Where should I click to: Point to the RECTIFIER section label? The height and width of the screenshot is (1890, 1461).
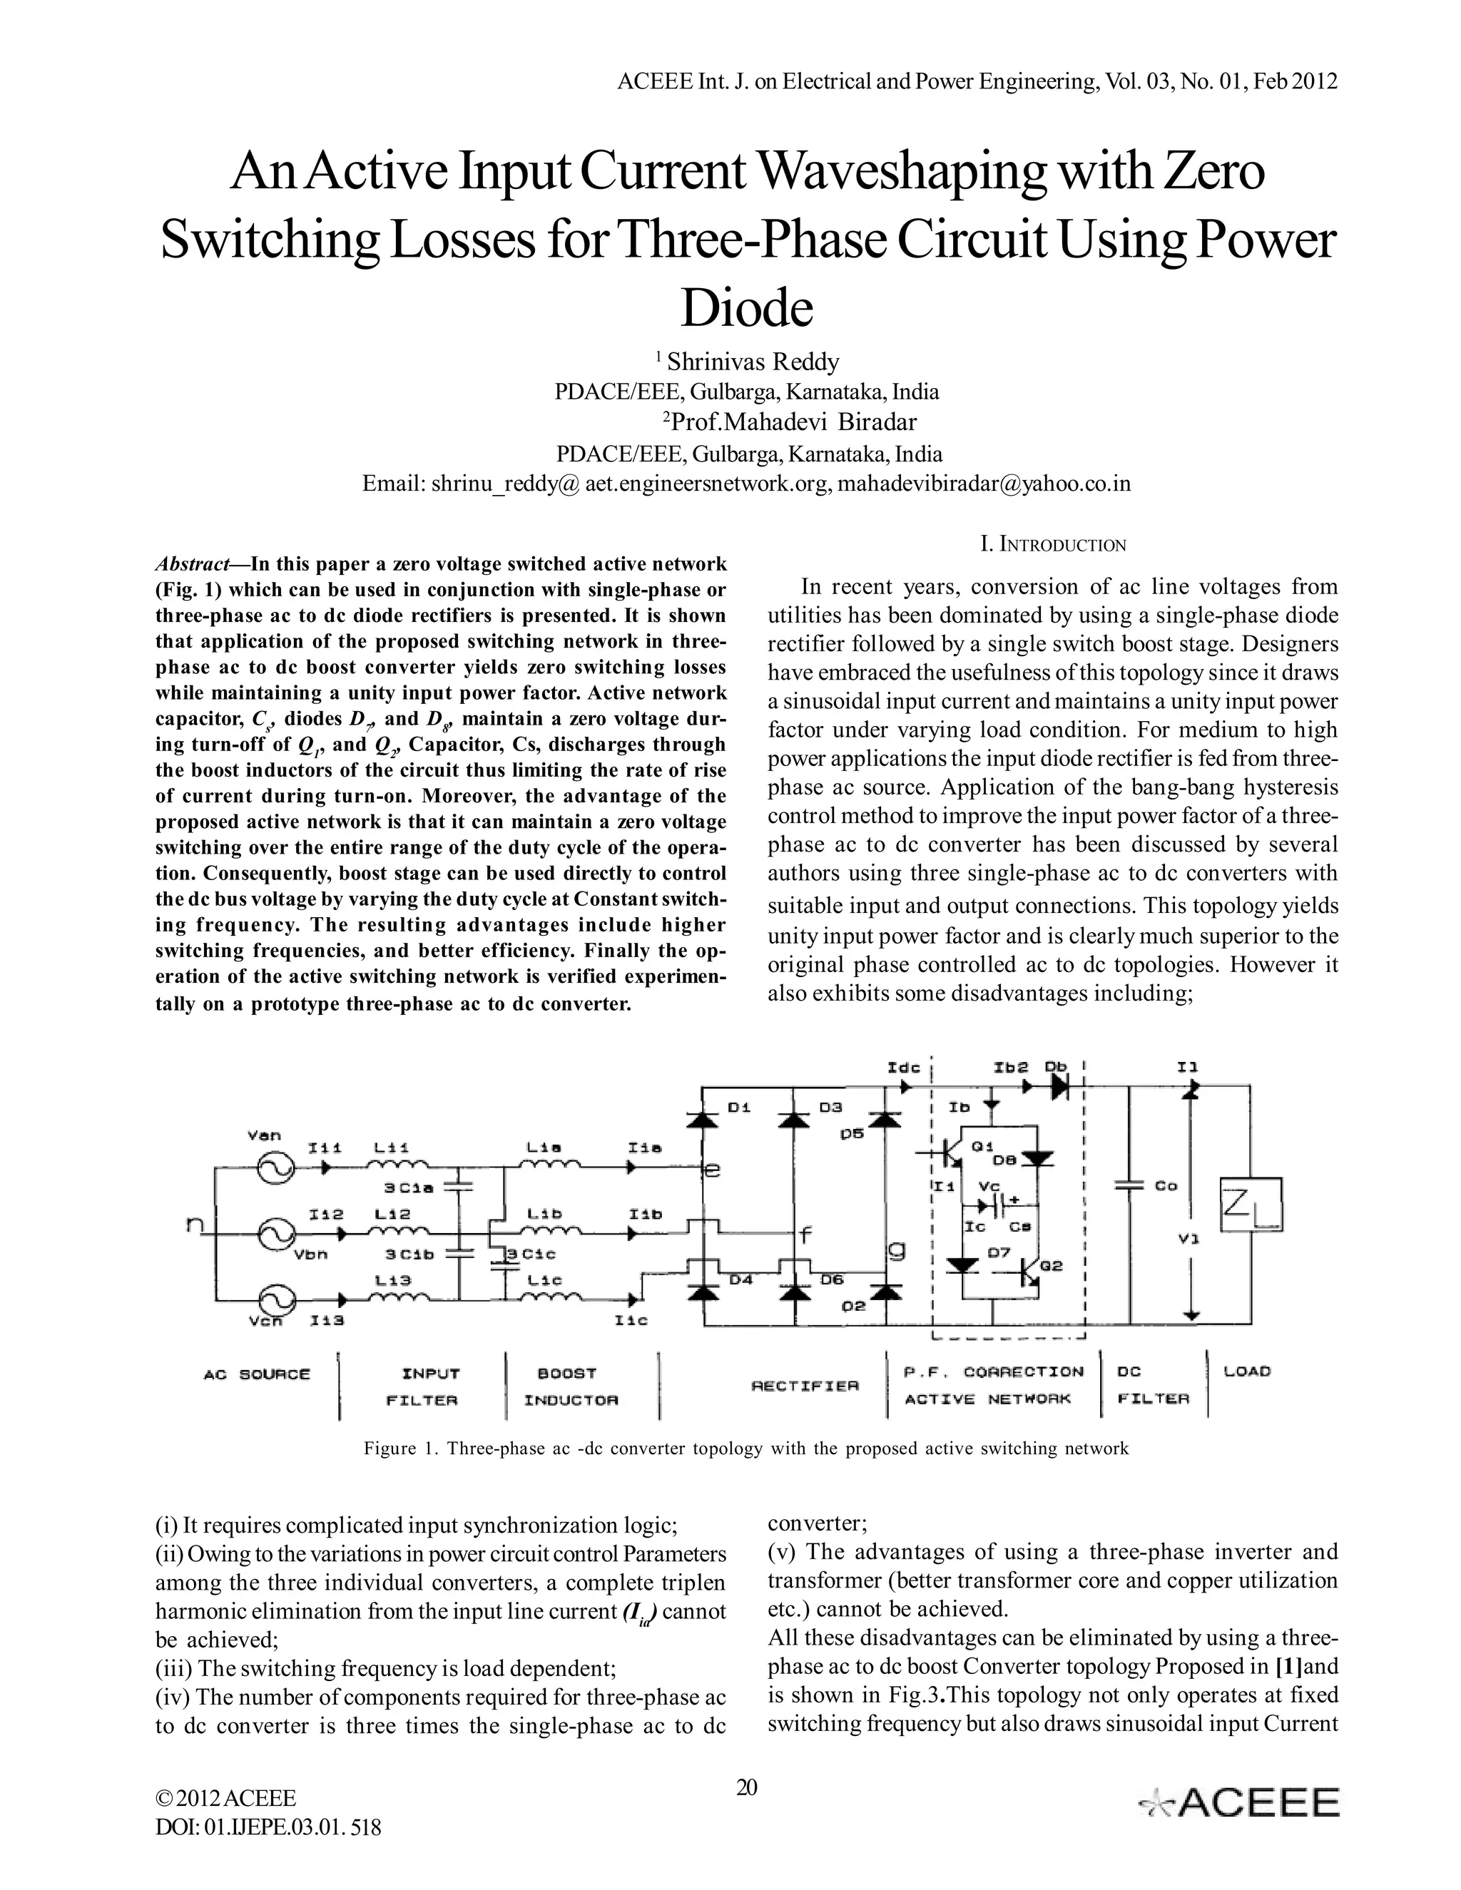(805, 1386)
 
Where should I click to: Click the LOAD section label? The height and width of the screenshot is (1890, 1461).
(1246, 1371)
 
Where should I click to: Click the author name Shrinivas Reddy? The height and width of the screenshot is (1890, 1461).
(753, 361)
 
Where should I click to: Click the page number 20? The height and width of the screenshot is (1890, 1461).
(746, 1787)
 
